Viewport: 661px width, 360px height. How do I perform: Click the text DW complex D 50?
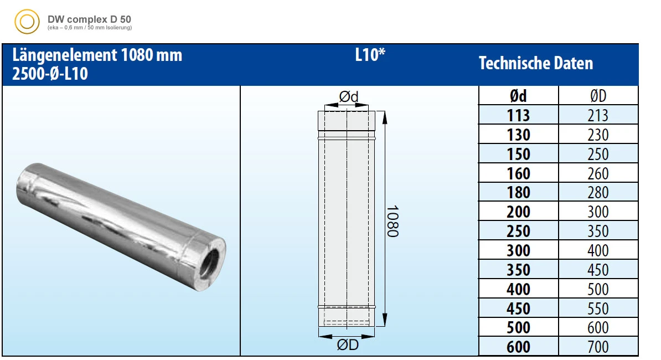89,19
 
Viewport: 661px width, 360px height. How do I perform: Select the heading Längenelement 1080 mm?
97,55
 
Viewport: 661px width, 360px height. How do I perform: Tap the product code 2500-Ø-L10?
50,74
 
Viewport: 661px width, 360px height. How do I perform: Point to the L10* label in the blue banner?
370,55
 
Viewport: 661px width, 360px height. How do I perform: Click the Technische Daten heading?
536,63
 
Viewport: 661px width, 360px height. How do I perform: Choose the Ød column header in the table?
518,96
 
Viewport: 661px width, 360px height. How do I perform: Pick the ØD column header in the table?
598,96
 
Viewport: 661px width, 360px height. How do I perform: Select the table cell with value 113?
518,115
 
